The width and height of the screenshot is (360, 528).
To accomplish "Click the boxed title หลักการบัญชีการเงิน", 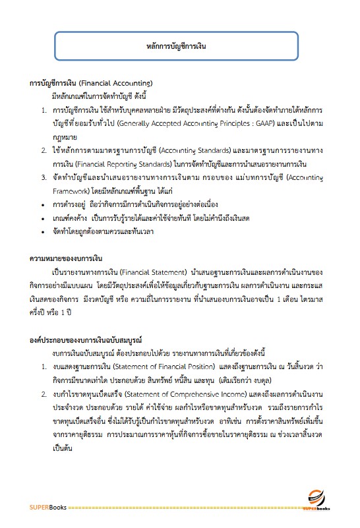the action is (179, 47).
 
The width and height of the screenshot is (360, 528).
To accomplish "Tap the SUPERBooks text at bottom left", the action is (49, 507).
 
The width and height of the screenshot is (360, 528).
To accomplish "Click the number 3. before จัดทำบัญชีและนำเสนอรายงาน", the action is (44, 177).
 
